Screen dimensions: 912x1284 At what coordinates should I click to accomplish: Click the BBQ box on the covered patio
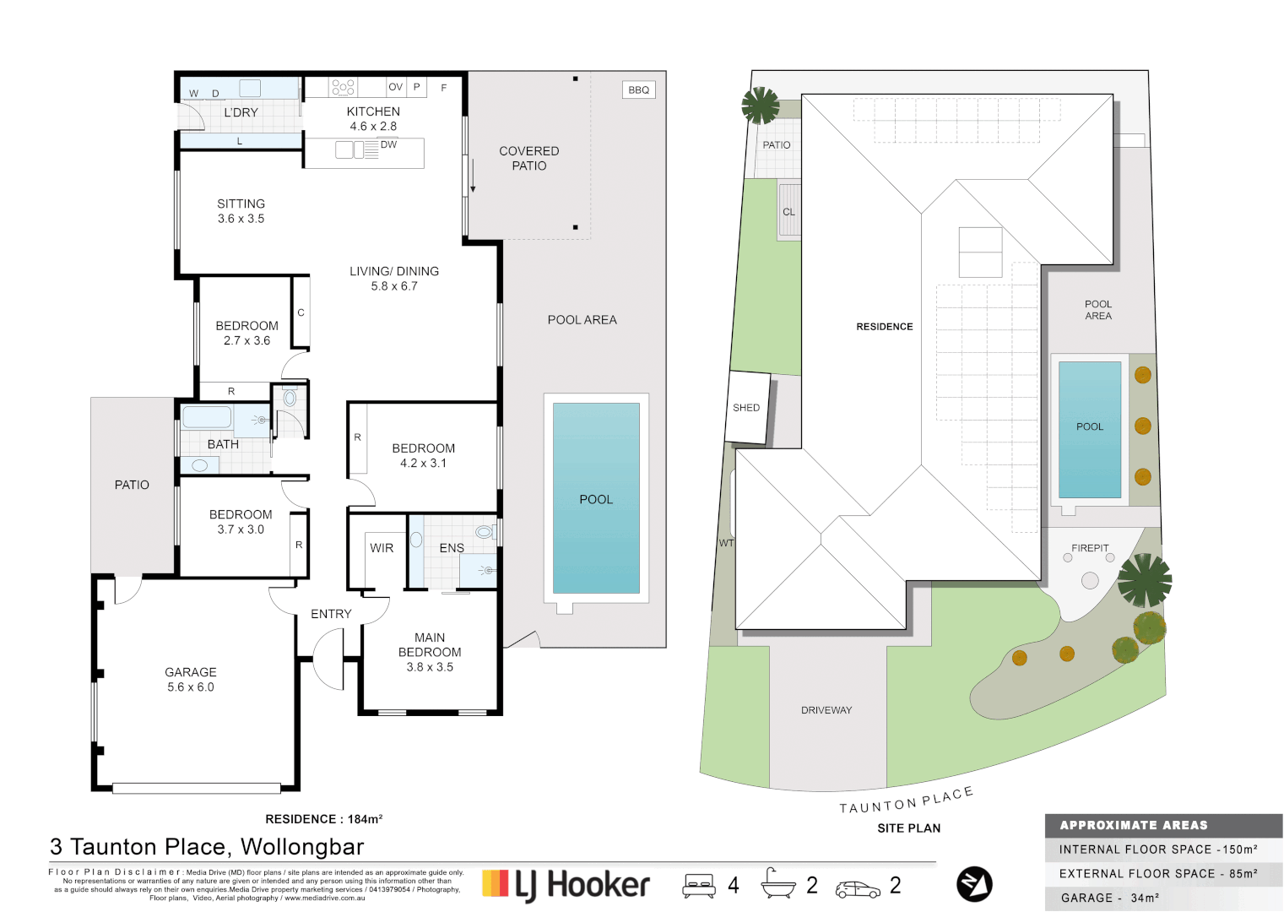click(x=639, y=90)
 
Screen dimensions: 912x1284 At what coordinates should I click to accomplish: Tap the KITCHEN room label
click(x=373, y=111)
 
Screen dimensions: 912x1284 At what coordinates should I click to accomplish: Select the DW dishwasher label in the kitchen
click(x=388, y=144)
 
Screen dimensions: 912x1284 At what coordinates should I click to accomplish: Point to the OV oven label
click(x=395, y=87)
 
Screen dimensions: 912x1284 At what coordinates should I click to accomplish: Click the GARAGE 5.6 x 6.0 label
click(x=191, y=679)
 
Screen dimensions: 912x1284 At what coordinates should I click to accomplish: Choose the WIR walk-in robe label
click(x=382, y=548)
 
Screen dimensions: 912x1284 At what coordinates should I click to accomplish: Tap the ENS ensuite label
click(x=452, y=548)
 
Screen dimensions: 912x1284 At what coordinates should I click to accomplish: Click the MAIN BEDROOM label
click(x=430, y=645)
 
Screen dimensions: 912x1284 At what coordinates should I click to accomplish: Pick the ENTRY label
click(x=331, y=614)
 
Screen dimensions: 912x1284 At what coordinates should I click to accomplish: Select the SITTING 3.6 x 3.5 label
click(x=241, y=211)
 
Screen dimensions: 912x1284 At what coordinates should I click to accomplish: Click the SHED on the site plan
click(x=746, y=408)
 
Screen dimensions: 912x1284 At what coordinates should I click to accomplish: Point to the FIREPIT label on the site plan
click(x=1090, y=548)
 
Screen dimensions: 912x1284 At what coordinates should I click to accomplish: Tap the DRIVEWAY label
click(x=826, y=710)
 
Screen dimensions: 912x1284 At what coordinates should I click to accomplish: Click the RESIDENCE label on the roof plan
click(x=885, y=327)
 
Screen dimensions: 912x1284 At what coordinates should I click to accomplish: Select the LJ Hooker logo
click(x=566, y=884)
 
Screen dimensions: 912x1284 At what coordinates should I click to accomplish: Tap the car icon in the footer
click(x=858, y=889)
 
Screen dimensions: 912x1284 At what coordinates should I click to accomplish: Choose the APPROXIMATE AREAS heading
click(x=1134, y=825)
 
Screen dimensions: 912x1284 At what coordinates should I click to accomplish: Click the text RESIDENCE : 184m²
click(x=324, y=819)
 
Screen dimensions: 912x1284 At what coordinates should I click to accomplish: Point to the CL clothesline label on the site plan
click(x=788, y=212)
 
